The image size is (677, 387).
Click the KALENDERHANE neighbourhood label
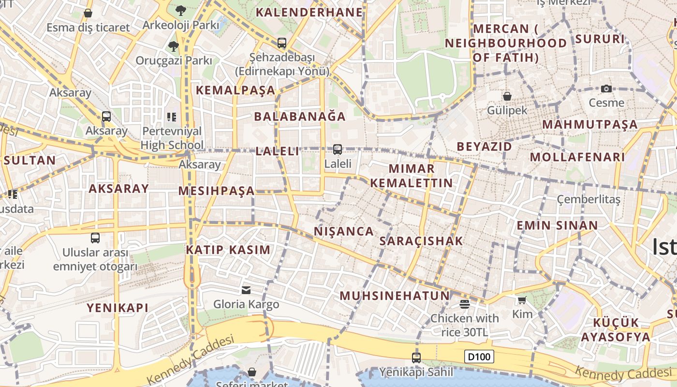pyautogui.click(x=309, y=12)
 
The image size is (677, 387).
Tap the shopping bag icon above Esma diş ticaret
pyautogui.click(x=88, y=13)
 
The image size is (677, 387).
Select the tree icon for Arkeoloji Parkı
pyautogui.click(x=180, y=10)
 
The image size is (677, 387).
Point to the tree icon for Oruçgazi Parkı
pyautogui.click(x=173, y=46)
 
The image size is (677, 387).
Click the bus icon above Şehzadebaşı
pyautogui.click(x=282, y=43)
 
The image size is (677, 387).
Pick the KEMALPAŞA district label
pyautogui.click(x=235, y=90)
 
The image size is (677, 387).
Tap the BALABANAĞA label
pyautogui.click(x=300, y=117)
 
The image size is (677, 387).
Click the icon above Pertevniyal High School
pyautogui.click(x=172, y=117)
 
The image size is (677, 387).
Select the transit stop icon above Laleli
pyautogui.click(x=338, y=149)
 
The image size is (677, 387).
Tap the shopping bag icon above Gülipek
pyautogui.click(x=507, y=96)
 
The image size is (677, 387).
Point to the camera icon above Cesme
pyautogui.click(x=606, y=89)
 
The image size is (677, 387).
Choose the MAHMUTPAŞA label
pyautogui.click(x=590, y=124)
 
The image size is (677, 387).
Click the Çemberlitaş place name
pyautogui.click(x=589, y=199)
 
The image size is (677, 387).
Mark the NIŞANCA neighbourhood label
pyautogui.click(x=344, y=231)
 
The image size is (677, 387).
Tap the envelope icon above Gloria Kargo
pyautogui.click(x=246, y=290)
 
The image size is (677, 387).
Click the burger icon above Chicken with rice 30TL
pyautogui.click(x=465, y=304)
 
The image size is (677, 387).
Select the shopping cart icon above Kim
pyautogui.click(x=522, y=300)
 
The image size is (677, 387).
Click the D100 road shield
pyautogui.click(x=480, y=357)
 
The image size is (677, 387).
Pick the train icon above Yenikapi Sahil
pyautogui.click(x=416, y=358)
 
